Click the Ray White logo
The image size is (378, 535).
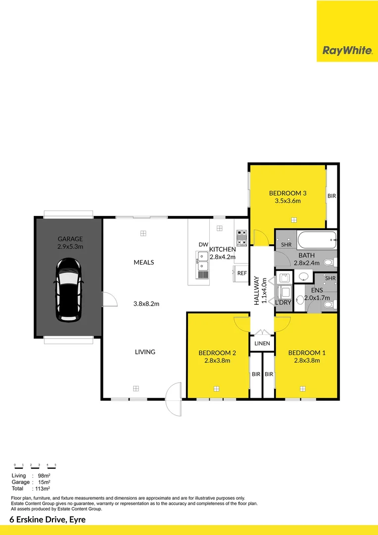[347, 50]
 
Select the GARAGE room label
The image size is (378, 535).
[70, 239]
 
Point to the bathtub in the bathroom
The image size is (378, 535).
[317, 241]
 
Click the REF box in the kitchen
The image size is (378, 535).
[242, 273]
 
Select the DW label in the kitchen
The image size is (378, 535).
[203, 245]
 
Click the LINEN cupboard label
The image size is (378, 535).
[262, 343]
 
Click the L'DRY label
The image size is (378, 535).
[283, 302]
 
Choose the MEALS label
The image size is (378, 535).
[144, 262]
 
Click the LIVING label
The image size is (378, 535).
[145, 352]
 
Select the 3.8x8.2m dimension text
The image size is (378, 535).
[145, 304]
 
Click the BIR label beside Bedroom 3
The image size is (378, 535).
[331, 196]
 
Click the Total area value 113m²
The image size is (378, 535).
[43, 488]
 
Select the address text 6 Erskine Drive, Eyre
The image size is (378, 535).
[47, 519]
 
